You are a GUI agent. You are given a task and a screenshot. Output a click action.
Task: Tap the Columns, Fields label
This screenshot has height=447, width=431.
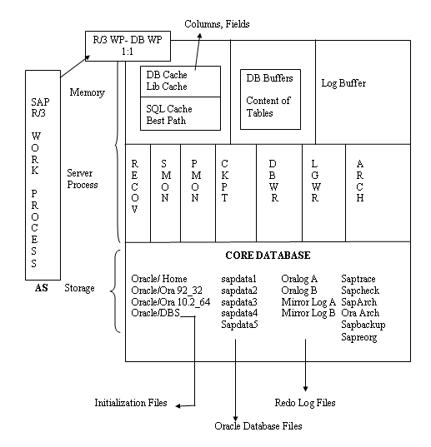point(217,24)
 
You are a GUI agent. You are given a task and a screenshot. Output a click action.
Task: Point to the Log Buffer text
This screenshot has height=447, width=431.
point(343,83)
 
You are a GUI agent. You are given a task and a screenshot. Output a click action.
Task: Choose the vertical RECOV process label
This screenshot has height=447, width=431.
point(135,186)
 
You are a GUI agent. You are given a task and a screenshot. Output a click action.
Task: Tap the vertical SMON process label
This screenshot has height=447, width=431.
point(166,181)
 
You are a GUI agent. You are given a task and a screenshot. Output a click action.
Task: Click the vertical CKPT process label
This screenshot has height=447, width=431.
point(224,181)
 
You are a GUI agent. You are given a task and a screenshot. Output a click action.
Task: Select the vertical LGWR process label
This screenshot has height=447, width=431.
point(316,181)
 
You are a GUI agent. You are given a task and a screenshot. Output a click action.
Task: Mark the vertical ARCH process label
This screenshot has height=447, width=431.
point(360,181)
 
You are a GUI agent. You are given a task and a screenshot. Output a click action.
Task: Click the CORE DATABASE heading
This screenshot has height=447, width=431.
point(268,256)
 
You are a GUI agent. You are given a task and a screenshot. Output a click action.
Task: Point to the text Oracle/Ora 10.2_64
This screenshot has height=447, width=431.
point(171,302)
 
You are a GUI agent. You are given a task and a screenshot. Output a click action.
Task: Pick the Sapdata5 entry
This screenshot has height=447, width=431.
point(239,325)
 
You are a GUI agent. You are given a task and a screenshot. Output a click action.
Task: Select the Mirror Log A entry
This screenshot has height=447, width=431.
point(308,302)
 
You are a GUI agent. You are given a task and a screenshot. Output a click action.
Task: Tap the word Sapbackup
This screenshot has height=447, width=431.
point(363,325)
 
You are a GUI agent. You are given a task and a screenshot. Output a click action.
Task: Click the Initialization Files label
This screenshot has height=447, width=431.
point(131,403)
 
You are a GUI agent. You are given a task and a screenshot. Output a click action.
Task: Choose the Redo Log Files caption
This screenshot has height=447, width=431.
point(305,403)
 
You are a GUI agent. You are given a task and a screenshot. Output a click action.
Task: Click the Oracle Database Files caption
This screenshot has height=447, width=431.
point(258,426)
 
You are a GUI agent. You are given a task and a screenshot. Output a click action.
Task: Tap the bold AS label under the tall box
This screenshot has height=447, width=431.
point(42,288)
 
